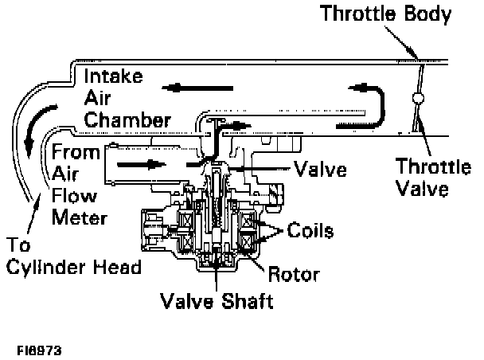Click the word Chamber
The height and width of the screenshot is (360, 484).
click(128, 121)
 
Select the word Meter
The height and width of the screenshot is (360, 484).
click(80, 216)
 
